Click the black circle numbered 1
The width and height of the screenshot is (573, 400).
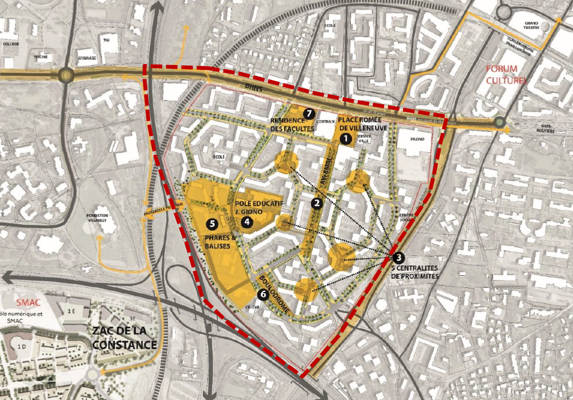pyautogui.click(x=346, y=139)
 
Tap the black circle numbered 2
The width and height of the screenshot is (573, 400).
pyautogui.click(x=317, y=203)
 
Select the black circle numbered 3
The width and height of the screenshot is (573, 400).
pyautogui.click(x=398, y=258)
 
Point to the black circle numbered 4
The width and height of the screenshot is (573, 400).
pyautogui.click(x=247, y=222)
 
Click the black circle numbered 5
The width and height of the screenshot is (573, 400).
pyautogui.click(x=211, y=224)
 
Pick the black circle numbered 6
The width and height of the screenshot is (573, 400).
pyautogui.click(x=263, y=294)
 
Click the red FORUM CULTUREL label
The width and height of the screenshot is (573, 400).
pyautogui.click(x=505, y=75)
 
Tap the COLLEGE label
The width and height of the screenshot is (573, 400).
pyautogui.click(x=10, y=44)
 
